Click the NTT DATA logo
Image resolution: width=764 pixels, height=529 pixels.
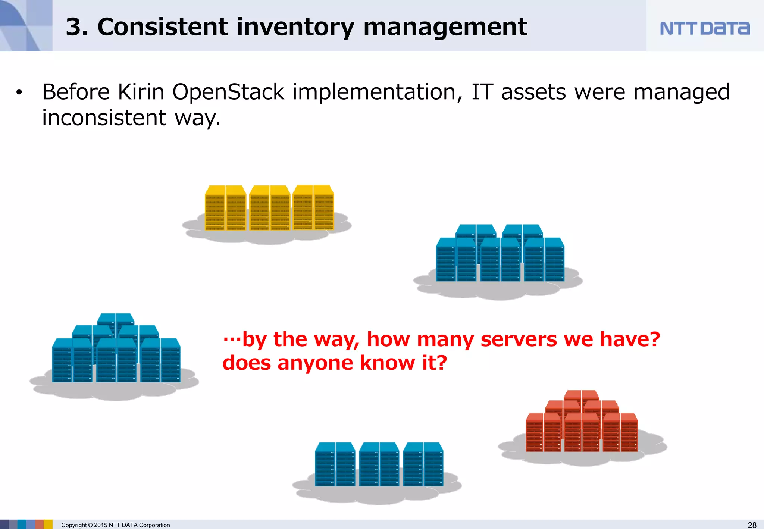point(704,28)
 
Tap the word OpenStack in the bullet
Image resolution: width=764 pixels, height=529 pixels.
point(228,92)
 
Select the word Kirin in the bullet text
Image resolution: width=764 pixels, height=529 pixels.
point(141,92)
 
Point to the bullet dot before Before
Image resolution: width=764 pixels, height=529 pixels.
point(19,93)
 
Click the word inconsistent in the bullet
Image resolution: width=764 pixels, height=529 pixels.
point(104,118)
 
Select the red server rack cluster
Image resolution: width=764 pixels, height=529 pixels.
point(582,423)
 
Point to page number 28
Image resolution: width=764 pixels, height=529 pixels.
point(752,525)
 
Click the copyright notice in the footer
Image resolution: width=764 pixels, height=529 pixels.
point(115,525)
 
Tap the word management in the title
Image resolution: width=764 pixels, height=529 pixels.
point(445,27)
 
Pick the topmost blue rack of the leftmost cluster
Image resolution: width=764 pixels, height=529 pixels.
point(116,319)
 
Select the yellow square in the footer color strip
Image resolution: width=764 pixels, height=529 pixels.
point(48,524)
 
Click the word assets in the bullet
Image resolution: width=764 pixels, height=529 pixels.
point(533,92)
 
